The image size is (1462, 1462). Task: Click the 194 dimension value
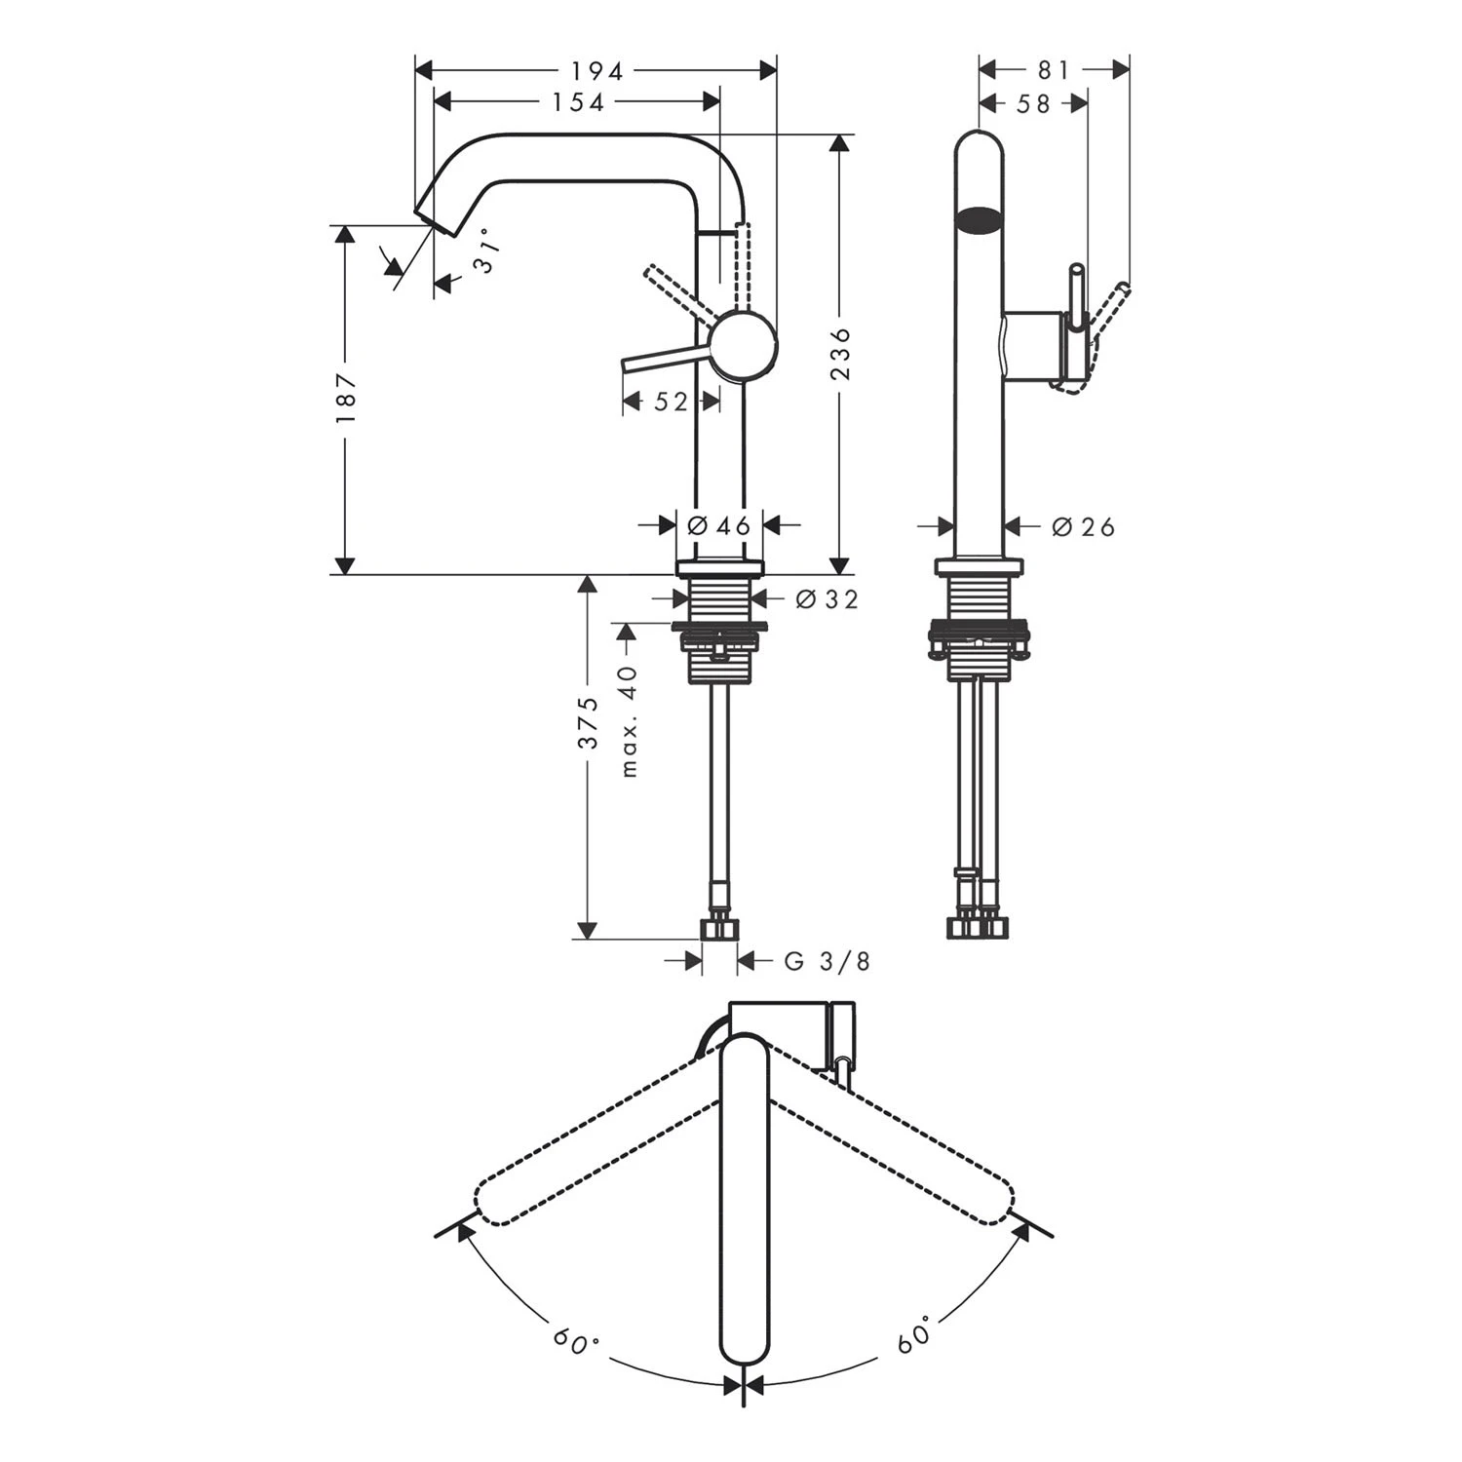[596, 70]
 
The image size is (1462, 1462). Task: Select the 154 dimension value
[578, 101]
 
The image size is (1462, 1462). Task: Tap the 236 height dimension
[841, 354]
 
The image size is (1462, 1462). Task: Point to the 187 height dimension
[346, 398]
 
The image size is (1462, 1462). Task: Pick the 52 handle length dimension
[671, 402]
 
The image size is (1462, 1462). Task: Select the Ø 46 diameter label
[719, 526]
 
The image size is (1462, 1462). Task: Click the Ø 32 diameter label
[827, 599]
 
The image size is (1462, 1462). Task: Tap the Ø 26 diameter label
[1083, 527]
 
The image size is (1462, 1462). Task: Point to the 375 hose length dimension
[588, 722]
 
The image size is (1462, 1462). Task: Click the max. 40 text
[629, 720]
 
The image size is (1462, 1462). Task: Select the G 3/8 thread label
[827, 962]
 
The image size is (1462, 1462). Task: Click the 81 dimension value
[1054, 70]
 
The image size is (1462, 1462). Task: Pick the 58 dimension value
[1033, 102]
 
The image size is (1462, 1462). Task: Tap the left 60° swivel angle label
[576, 1341]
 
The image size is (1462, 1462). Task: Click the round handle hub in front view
[744, 345]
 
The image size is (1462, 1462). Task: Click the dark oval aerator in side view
[979, 220]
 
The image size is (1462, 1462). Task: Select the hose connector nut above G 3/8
[720, 928]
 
